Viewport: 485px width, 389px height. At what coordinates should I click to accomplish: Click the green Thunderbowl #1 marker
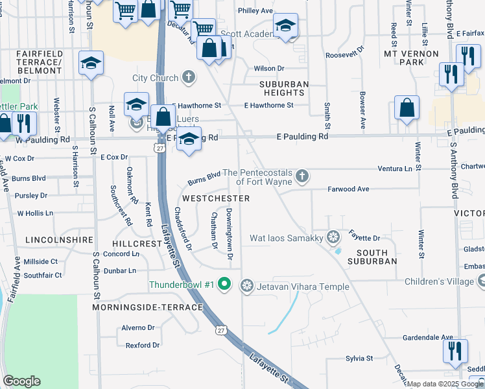point(224,284)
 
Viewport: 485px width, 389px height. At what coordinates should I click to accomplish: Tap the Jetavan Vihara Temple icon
point(246,285)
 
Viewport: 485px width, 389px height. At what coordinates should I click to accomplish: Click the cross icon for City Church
point(188,78)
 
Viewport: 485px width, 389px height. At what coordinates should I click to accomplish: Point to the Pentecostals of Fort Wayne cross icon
point(302,176)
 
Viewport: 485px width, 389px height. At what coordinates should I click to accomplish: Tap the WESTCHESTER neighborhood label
point(216,198)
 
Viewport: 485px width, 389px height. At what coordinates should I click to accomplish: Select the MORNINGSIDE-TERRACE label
point(147,307)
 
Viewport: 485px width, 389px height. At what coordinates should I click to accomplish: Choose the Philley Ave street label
point(255,10)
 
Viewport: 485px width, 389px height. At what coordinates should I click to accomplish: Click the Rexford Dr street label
point(142,345)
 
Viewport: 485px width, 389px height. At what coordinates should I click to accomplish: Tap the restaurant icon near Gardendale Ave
point(455,350)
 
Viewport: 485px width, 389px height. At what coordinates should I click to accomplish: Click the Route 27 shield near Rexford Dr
point(222,330)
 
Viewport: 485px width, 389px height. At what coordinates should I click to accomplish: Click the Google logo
point(21,381)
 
